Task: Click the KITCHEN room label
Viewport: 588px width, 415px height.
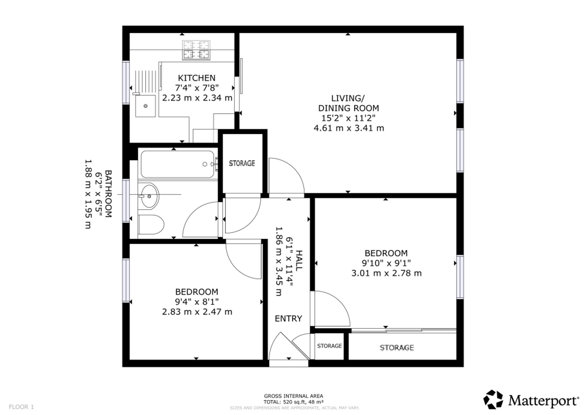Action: coord(197,78)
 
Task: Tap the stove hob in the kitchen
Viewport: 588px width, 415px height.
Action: coord(196,50)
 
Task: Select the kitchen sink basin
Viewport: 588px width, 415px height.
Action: coord(146,106)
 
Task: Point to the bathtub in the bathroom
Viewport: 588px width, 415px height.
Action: coord(178,164)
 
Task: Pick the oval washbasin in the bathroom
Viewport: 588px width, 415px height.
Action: coord(149,196)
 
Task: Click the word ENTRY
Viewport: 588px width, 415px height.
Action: coord(288,319)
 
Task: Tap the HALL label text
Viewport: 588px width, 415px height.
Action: coord(299,261)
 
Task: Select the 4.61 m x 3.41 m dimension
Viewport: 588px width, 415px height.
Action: coord(349,128)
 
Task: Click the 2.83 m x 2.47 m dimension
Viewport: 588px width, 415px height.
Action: coord(197,312)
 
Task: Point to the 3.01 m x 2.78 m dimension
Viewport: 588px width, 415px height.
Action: coord(386,273)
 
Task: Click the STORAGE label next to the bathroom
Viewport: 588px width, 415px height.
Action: coord(242,163)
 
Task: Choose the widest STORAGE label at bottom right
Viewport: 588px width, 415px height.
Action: coord(397,348)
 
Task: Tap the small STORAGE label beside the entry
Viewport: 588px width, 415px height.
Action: coord(330,346)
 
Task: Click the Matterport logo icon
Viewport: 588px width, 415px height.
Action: coord(493,399)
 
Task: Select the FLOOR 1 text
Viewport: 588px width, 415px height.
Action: coord(21,407)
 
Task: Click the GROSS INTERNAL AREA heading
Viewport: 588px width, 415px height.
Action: coord(293,396)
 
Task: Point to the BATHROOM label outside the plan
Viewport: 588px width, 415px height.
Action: coord(108,194)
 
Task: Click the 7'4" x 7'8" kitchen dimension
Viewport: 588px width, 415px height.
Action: coord(197,88)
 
